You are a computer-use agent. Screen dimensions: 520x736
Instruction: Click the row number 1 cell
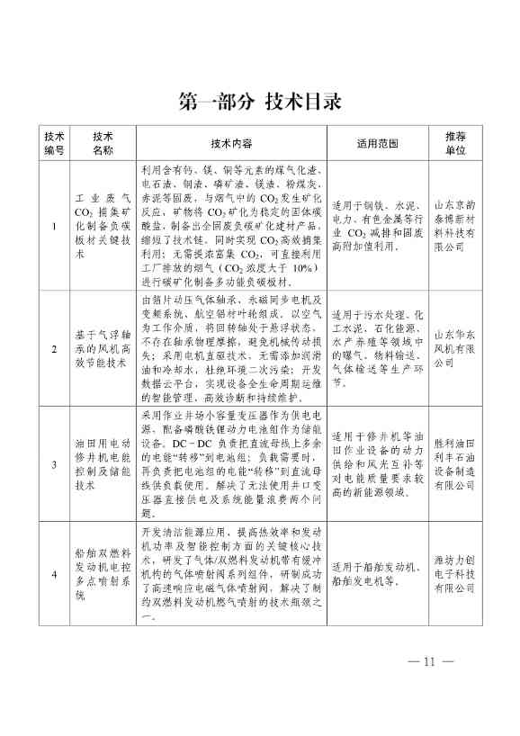[x=55, y=226]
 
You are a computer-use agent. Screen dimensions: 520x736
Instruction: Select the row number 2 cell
[x=55, y=348]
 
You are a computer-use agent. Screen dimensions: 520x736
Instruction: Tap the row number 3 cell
[x=55, y=462]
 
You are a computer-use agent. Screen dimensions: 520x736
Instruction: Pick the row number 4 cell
[x=55, y=573]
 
